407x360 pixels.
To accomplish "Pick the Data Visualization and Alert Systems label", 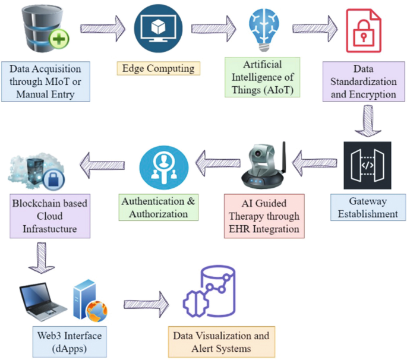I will tap(221, 342).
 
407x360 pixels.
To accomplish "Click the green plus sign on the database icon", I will tap(61, 40).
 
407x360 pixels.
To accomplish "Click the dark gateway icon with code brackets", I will tap(367, 165).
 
